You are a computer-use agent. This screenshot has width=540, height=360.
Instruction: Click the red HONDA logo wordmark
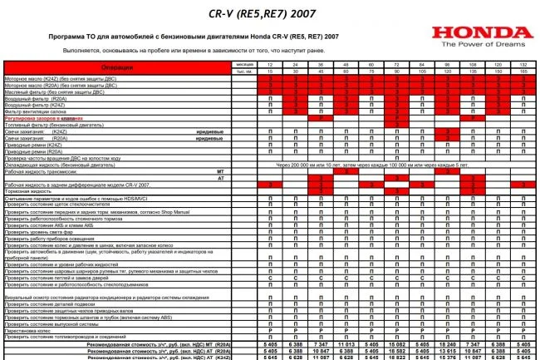484,33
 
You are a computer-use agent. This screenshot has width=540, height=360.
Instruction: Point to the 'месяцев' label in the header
243,64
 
